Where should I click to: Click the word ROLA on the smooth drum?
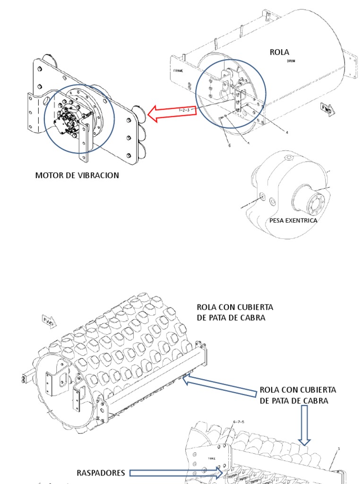coord(279,52)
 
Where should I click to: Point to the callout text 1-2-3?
coord(184,110)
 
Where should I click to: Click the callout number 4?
coord(286,132)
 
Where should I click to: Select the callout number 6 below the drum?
coord(230,145)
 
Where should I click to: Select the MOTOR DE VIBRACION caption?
coord(77,175)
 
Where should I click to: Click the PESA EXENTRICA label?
coord(293,220)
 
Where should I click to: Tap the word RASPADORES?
coord(101,473)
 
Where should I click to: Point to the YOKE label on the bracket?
coord(211,458)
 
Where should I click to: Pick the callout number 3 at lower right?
coord(338,449)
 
